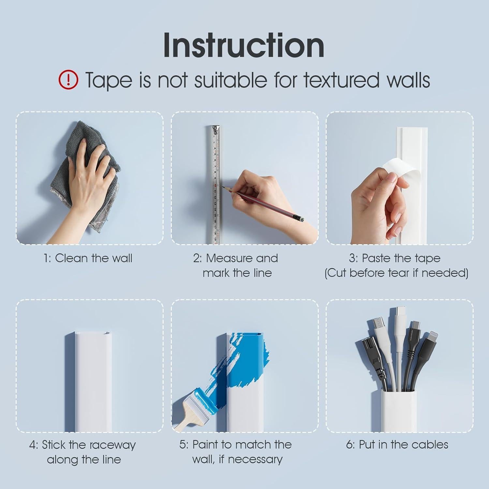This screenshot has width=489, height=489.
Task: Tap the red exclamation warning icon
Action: (68, 80)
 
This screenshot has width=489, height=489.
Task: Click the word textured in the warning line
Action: (341, 80)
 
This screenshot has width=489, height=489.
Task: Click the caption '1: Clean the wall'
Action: (88, 258)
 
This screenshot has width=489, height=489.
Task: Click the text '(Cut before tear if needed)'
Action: (396, 273)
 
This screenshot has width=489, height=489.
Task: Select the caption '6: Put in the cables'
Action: (397, 445)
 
